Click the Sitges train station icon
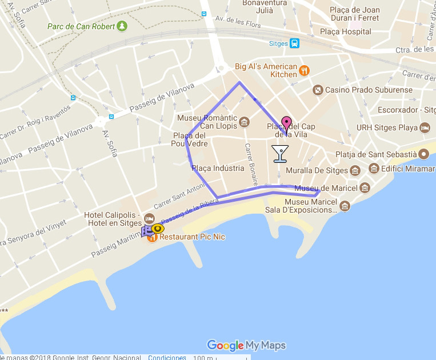click(294, 43)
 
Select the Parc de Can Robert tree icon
click(121, 26)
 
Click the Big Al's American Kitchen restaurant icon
click(305, 71)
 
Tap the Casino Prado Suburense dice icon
click(317, 90)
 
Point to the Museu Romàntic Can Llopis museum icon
click(245, 122)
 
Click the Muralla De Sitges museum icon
click(355, 170)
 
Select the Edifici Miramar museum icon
click(374, 168)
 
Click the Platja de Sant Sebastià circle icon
click(423, 154)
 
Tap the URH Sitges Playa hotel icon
click(425, 128)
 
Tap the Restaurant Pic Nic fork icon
click(152, 237)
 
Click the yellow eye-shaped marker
click(157, 229)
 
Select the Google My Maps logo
click(246, 345)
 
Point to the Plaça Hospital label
click(346, 32)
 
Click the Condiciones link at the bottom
click(167, 357)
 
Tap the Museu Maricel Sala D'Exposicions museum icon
click(344, 206)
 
